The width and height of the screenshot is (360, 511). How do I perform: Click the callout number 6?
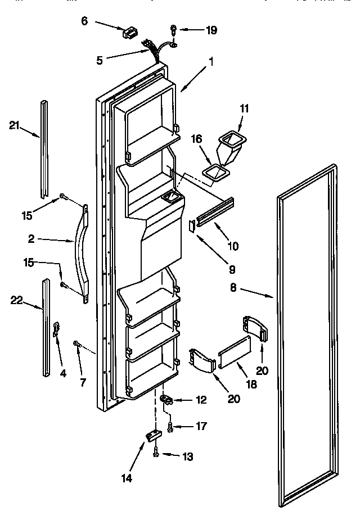coord(85,21)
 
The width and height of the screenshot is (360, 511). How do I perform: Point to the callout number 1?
coord(211,63)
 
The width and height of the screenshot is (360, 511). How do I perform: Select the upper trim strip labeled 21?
coord(44,149)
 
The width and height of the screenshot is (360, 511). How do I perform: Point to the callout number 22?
coord(18,301)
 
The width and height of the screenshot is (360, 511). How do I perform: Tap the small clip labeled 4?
coord(56,329)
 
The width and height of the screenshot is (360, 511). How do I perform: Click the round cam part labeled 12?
coord(167,400)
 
